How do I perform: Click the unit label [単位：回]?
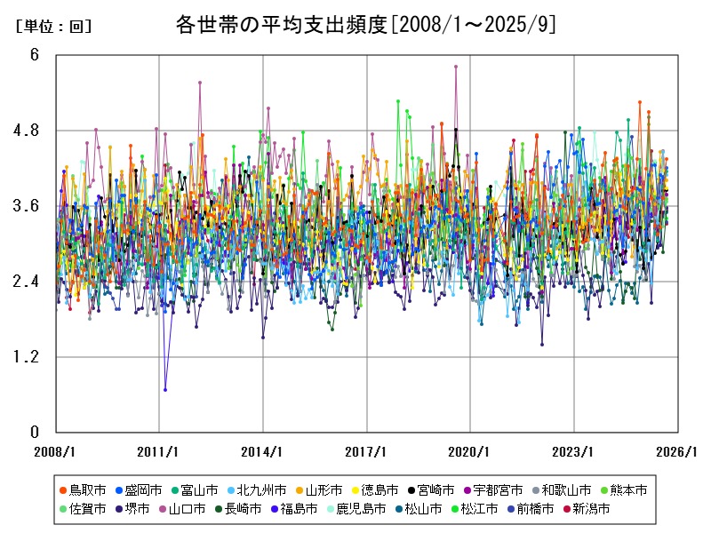pos(54,27)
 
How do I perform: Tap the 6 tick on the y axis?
pos(35,55)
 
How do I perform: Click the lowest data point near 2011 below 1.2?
pos(165,389)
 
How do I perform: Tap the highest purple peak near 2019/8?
pos(456,67)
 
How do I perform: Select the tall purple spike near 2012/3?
pos(200,83)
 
